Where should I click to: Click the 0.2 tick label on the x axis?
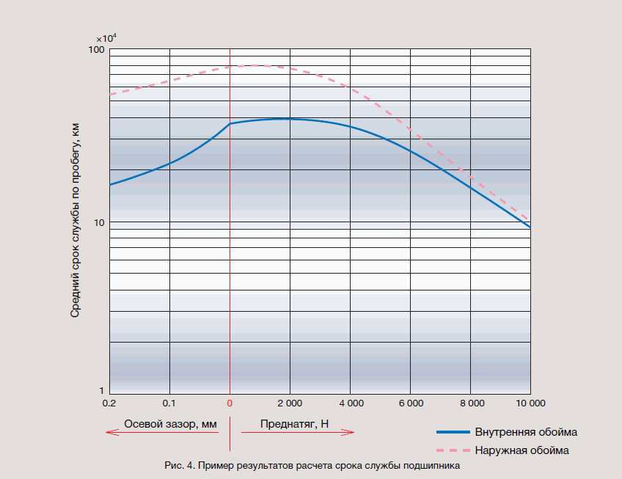point(109,403)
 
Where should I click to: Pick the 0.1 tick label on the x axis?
point(169,403)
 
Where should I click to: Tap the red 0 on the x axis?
point(230,403)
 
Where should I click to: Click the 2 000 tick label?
point(290,403)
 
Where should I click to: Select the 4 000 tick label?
point(350,403)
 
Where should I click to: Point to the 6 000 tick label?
point(410,403)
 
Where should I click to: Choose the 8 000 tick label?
point(470,403)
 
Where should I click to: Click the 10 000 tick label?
point(530,403)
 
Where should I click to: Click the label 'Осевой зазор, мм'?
point(171,423)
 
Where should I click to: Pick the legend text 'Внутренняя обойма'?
point(525,431)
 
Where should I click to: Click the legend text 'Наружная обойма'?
point(522,450)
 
